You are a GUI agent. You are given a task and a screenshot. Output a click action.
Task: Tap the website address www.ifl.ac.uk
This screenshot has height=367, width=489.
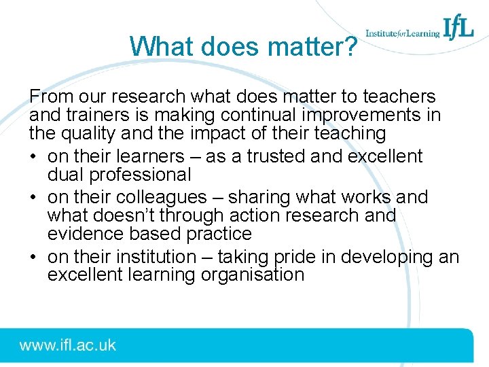68,345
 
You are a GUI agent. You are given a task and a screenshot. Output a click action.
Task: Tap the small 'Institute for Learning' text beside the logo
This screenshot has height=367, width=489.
402,33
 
